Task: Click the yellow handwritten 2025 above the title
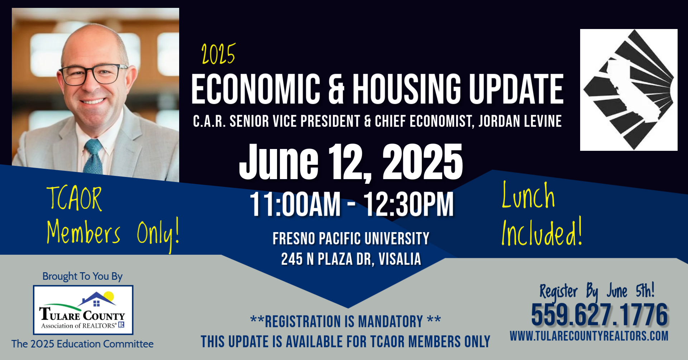218,54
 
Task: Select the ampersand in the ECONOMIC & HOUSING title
336,89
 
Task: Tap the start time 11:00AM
295,204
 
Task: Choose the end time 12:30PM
408,204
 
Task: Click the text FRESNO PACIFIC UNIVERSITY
351,239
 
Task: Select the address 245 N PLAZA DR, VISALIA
351,259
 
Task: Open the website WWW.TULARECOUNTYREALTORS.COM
589,336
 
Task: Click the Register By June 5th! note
597,291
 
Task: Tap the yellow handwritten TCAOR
74,199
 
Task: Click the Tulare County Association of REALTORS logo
83,310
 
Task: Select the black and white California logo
629,90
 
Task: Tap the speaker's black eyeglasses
92,74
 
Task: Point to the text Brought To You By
82,276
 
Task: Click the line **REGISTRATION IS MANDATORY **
345,321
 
